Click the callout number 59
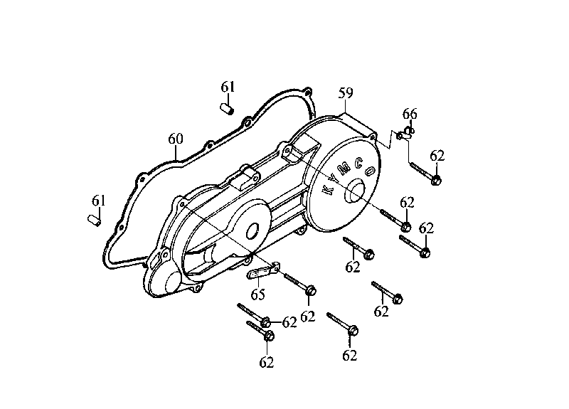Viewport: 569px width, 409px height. pos(346,93)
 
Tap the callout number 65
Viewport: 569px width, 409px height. pos(257,294)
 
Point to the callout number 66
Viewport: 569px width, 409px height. pos(410,114)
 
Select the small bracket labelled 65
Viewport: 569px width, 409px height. pos(261,270)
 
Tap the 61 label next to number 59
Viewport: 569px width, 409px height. pos(228,87)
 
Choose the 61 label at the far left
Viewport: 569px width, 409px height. pos(98,201)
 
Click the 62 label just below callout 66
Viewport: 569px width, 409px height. pos(437,156)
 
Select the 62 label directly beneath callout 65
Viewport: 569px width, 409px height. pos(308,317)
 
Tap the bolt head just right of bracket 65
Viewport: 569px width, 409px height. pos(311,290)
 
